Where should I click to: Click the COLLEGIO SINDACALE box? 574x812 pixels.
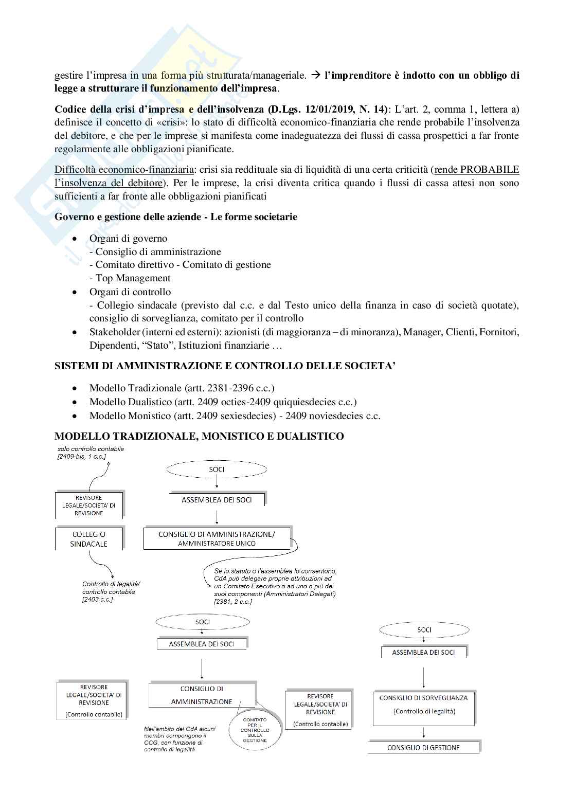click(x=88, y=539)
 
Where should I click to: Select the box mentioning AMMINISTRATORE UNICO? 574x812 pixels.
click(x=217, y=538)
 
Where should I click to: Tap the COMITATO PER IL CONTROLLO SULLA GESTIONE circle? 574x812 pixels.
click(x=254, y=729)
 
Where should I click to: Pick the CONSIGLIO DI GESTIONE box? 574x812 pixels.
click(x=423, y=748)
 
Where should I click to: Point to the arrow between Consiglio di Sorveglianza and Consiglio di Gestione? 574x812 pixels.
click(x=423, y=732)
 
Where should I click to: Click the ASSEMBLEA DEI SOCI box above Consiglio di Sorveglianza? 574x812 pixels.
click(x=423, y=653)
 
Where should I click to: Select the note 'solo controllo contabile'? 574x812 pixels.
click(x=91, y=452)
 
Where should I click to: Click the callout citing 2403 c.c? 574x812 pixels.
click(x=111, y=591)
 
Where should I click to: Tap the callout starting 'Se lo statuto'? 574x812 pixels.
click(x=275, y=586)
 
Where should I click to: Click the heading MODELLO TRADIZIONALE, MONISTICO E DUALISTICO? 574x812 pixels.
click(x=199, y=437)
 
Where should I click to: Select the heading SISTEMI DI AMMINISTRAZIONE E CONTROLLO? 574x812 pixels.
click(x=225, y=366)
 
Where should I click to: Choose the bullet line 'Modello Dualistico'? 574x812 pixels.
click(x=223, y=402)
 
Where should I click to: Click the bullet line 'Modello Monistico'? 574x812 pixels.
click(x=235, y=416)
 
